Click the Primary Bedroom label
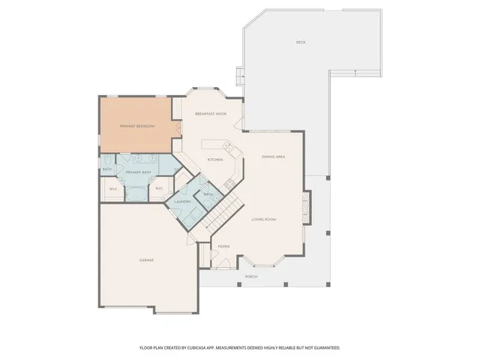pos(137,126)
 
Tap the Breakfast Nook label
pos(211,113)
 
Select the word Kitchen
pos(215,159)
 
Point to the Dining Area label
pos(273,157)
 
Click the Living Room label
pos(264,219)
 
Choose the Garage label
pos(146,260)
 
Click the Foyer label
pos(223,246)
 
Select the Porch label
pos(251,277)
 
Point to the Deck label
pos(301,42)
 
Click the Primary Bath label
pos(137,172)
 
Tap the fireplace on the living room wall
pos(304,203)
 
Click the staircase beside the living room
pos(223,212)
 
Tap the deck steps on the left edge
pos(240,76)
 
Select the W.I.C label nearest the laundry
pos(160,188)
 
